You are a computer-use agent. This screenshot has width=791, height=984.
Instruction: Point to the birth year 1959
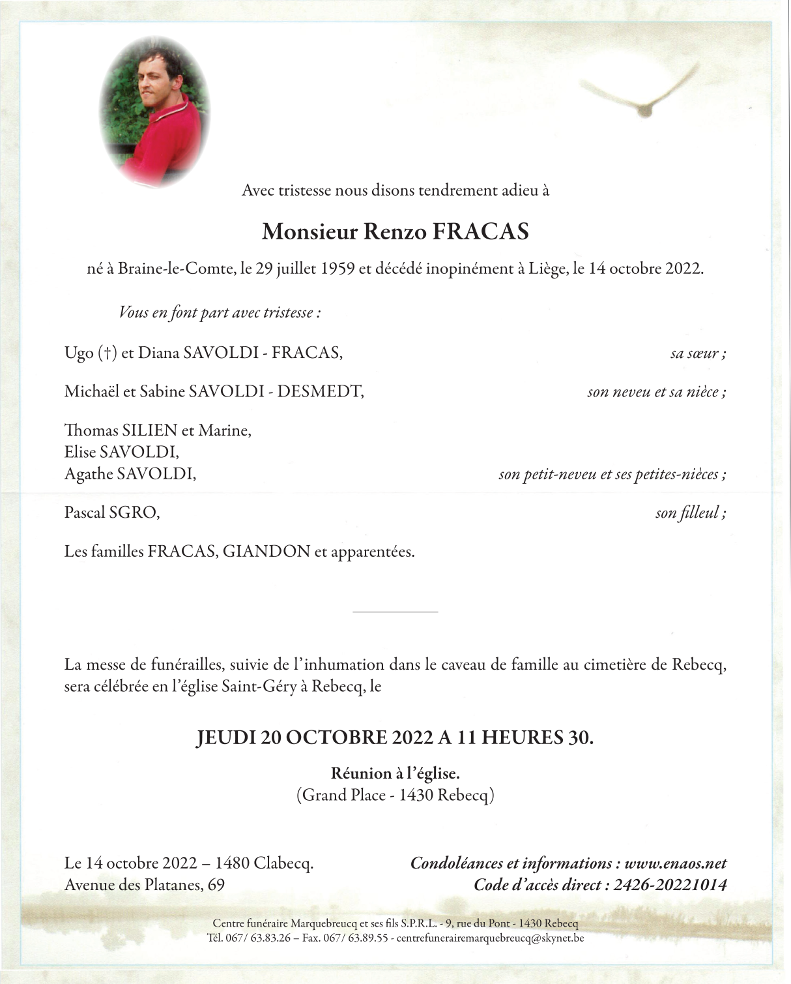point(338,269)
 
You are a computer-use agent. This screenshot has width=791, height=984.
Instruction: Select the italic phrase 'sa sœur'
point(695,354)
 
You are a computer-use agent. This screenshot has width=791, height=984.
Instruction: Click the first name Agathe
point(89,474)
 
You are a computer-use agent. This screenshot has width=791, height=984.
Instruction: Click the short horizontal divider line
point(395,612)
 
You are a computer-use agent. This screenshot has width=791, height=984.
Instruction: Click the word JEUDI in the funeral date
point(225,738)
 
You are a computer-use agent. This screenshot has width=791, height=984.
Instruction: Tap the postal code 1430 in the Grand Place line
point(416,796)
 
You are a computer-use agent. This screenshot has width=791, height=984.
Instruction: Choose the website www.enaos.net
point(675,863)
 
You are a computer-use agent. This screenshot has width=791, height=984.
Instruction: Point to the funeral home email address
point(490,939)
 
